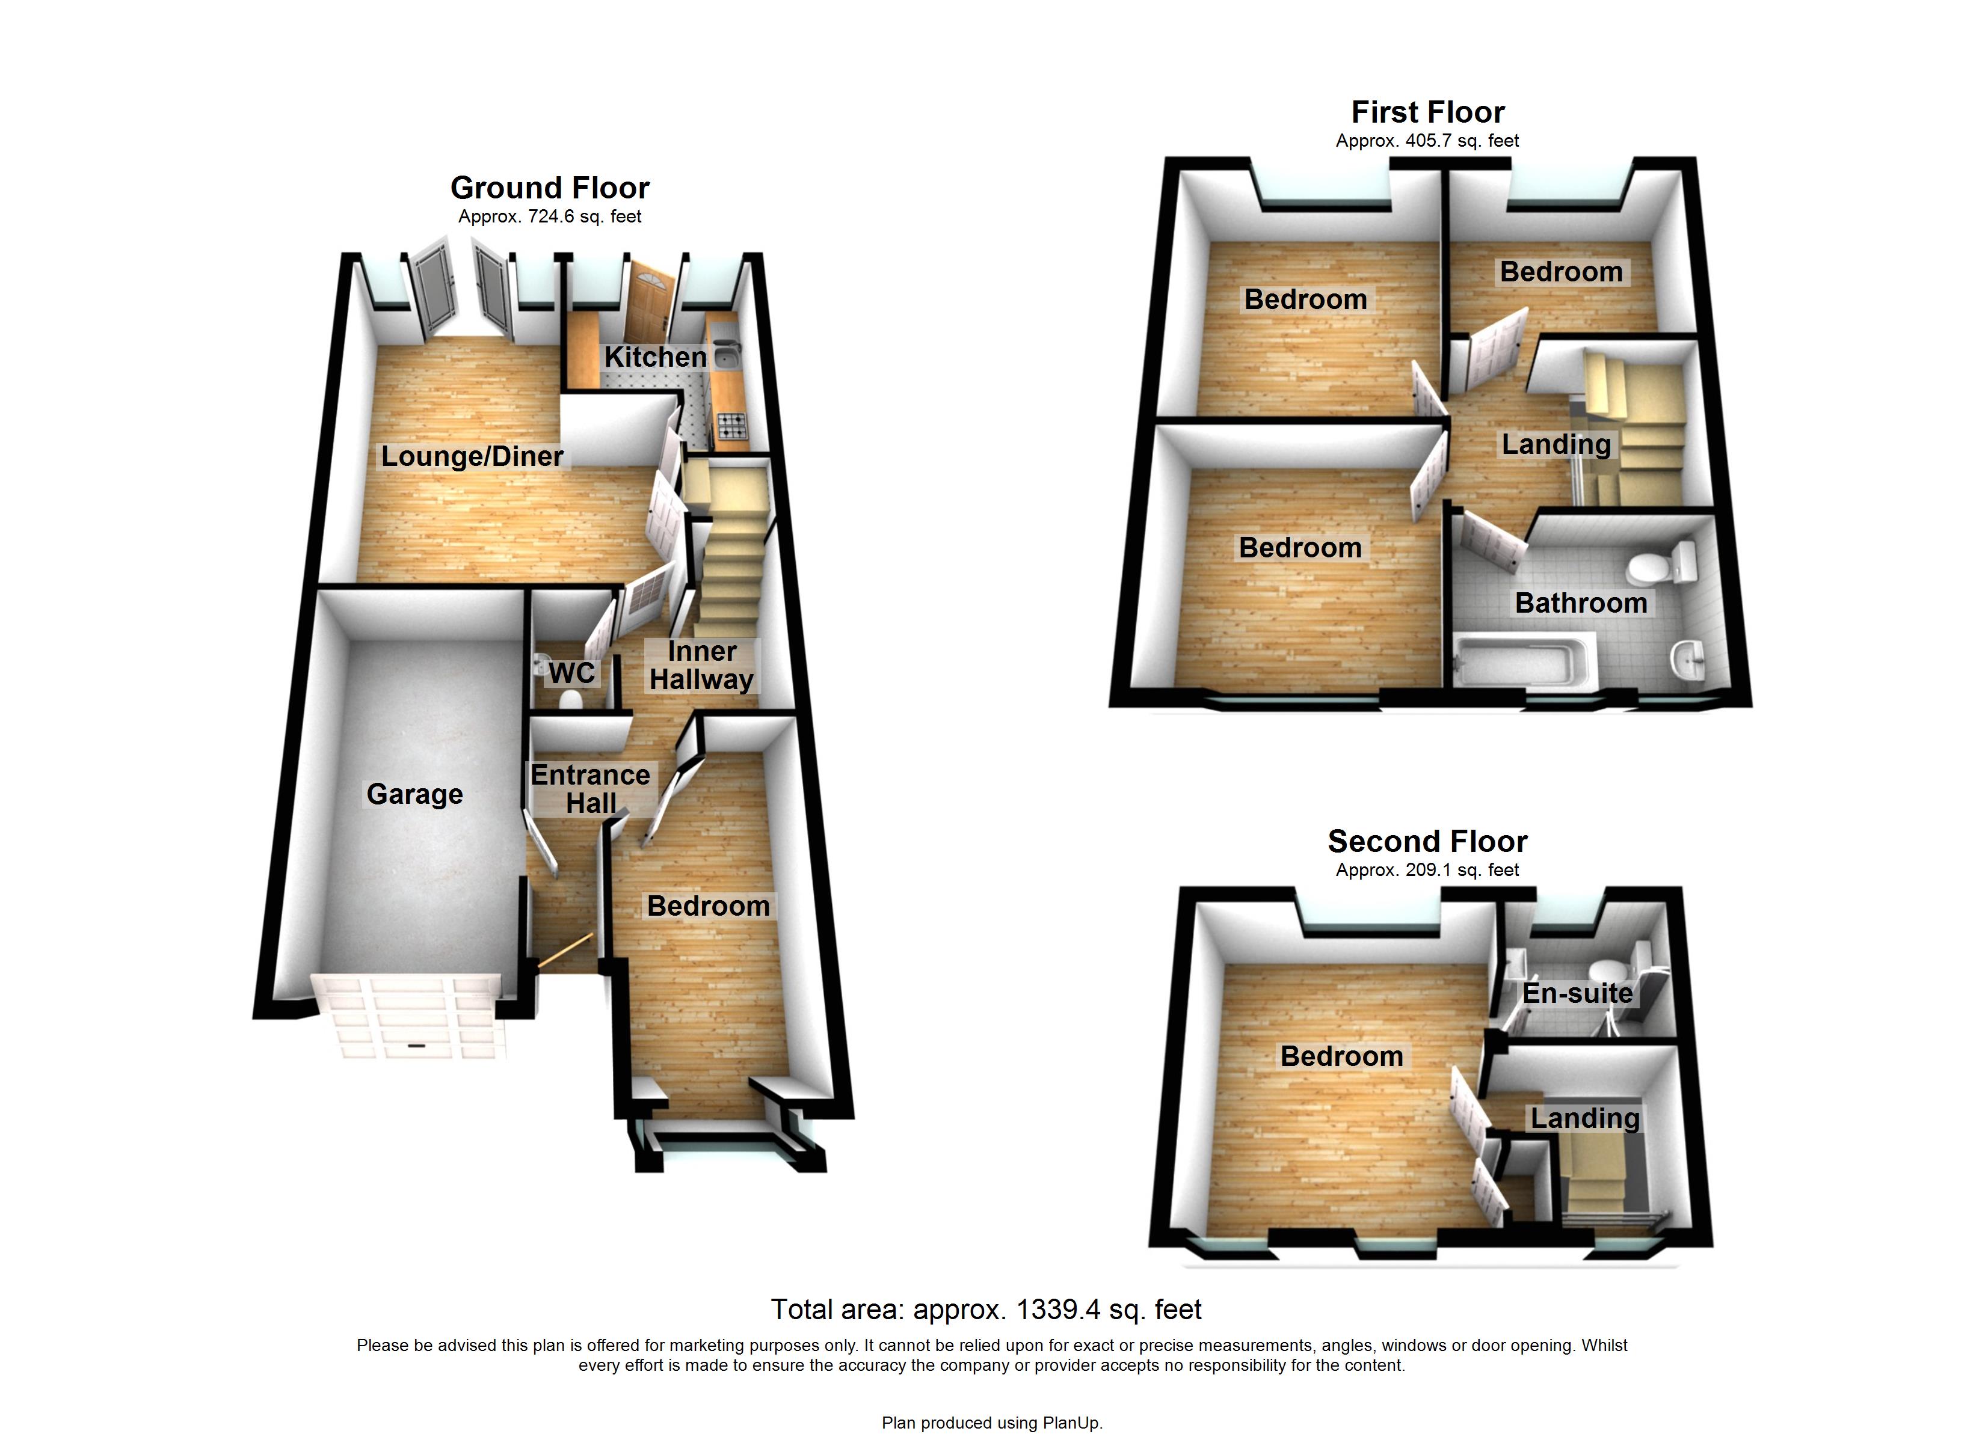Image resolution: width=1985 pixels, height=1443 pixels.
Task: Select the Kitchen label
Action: click(654, 357)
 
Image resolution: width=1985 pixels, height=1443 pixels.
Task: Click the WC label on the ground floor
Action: click(571, 673)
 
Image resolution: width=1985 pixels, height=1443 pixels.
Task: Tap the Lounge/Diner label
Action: click(472, 456)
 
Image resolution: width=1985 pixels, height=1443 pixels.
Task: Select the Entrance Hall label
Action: click(590, 788)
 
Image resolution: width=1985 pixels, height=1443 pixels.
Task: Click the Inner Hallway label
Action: click(701, 665)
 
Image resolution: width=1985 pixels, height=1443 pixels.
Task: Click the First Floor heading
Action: click(1427, 112)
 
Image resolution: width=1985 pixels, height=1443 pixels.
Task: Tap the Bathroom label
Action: click(1581, 603)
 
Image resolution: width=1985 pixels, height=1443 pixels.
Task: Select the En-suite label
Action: click(1577, 993)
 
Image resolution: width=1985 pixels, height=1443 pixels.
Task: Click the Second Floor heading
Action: click(1427, 841)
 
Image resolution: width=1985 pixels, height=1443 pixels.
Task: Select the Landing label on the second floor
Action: click(1584, 1118)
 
